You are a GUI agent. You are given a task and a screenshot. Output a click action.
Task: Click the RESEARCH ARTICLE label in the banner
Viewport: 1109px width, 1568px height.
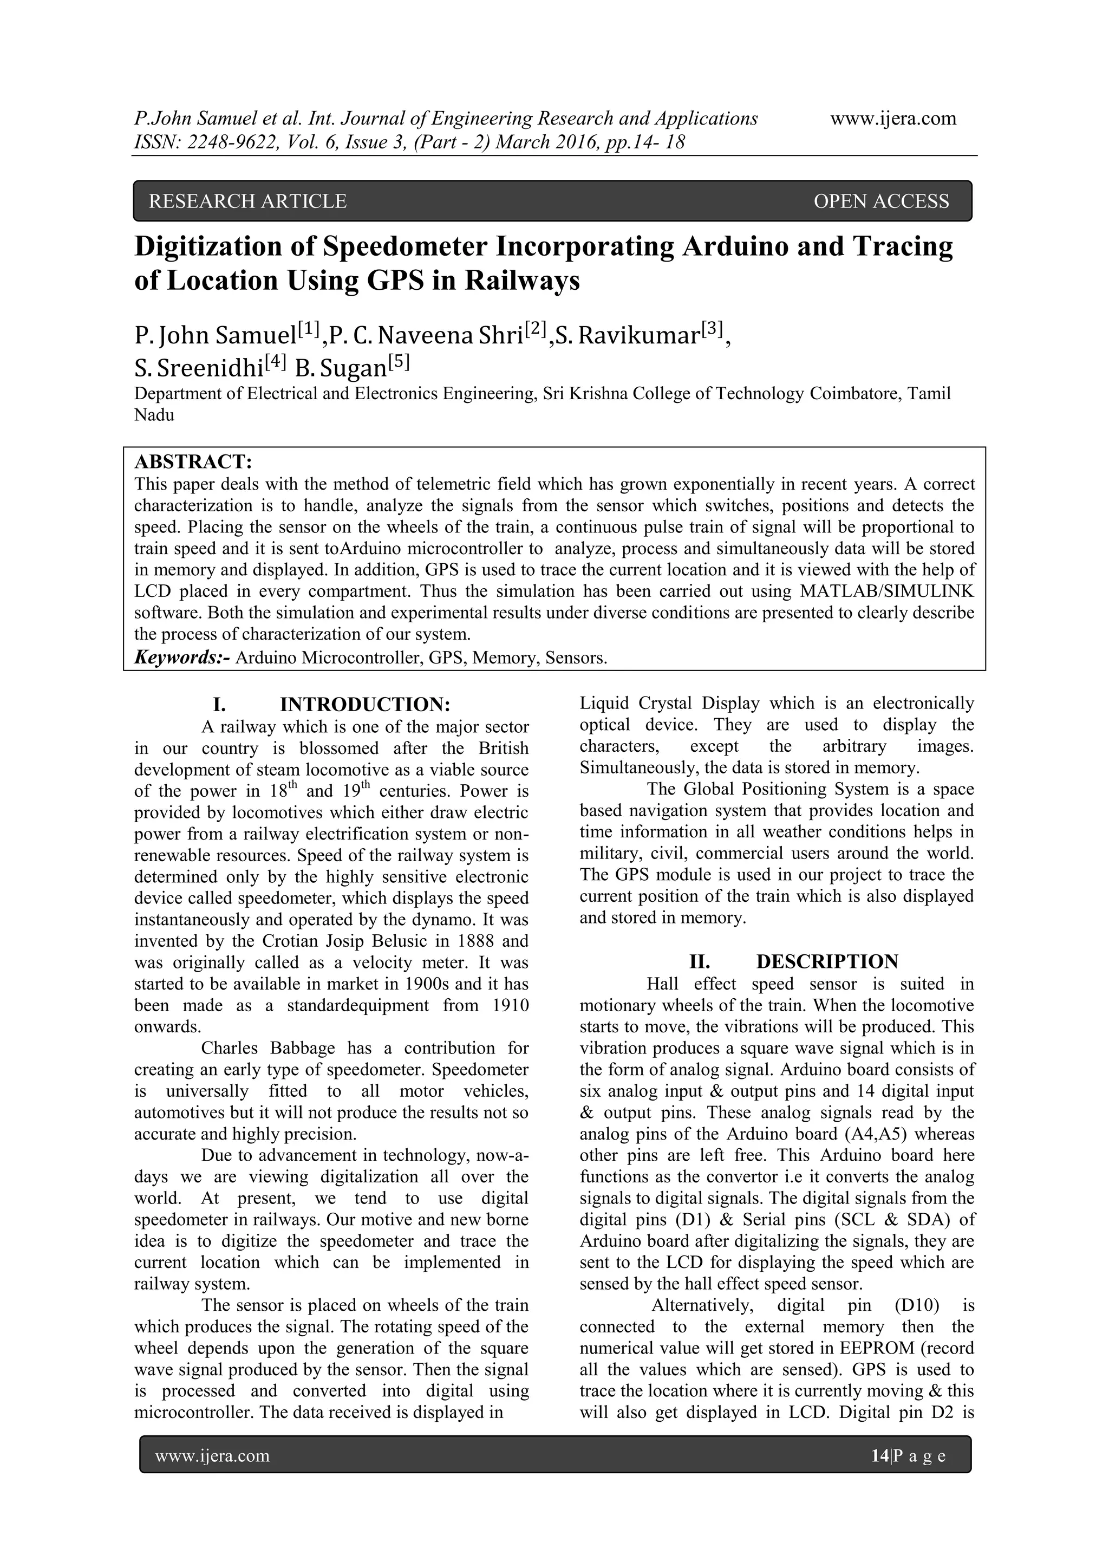(x=247, y=201)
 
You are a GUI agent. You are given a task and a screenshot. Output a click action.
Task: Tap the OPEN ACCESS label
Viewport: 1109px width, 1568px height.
(x=881, y=201)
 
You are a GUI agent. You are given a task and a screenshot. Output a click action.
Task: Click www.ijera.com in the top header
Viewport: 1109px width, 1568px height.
(x=893, y=119)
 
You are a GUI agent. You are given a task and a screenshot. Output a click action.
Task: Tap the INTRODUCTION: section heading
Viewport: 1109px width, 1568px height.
(x=366, y=704)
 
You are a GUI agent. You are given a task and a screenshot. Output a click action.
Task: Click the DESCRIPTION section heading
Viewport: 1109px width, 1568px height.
(x=827, y=961)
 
